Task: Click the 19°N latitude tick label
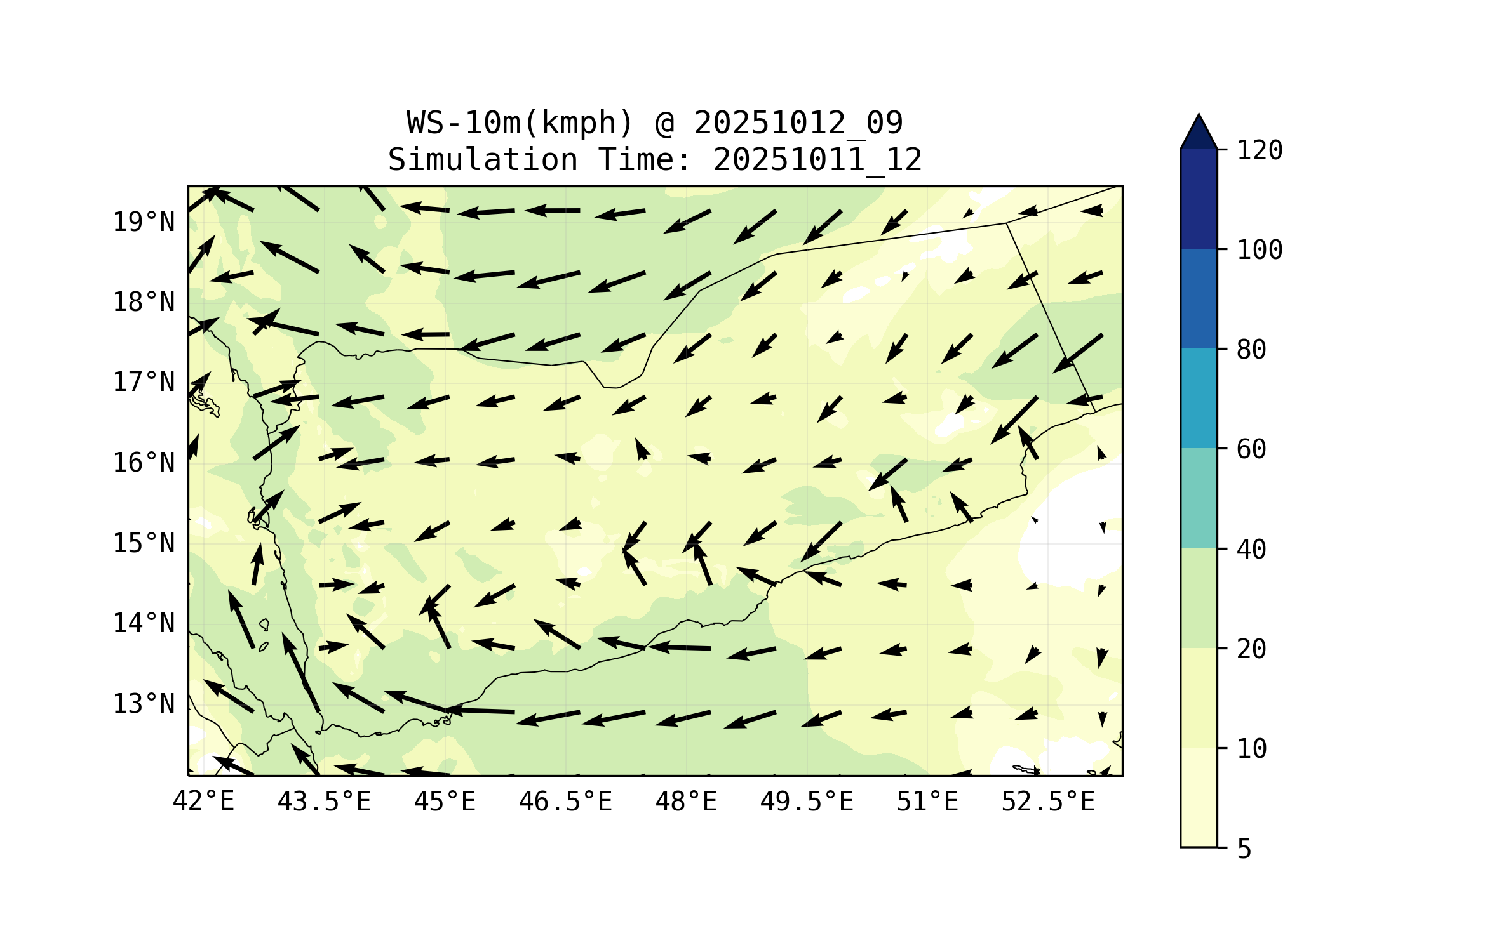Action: pos(144,222)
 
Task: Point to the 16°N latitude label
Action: pos(144,463)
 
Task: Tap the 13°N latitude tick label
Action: pos(144,704)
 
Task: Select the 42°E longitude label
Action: pos(203,802)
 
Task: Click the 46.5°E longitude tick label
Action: pos(565,802)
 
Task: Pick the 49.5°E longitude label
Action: pos(807,802)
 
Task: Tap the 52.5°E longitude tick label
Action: pos(1048,802)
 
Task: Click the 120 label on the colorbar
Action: pos(1260,150)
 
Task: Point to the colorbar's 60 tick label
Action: pos(1251,449)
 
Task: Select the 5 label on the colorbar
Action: pos(1244,849)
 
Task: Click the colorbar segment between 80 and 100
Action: pos(1199,298)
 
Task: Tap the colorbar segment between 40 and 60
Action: pos(1199,498)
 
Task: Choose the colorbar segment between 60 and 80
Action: pos(1199,398)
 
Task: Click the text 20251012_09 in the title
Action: pos(798,123)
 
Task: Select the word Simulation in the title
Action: pos(483,160)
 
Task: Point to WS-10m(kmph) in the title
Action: pos(520,123)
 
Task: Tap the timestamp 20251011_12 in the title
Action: pos(817,160)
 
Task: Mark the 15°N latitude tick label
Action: pos(144,543)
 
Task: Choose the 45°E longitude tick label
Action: pos(445,802)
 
